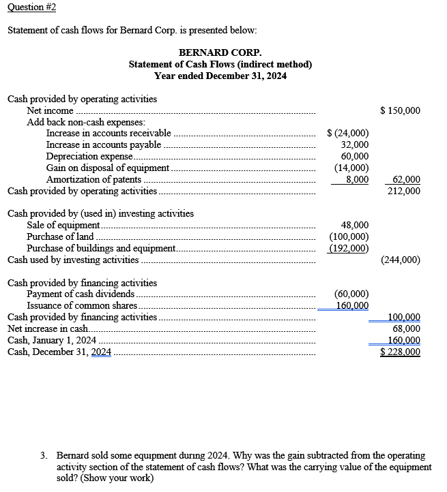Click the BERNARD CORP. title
[x=220, y=52]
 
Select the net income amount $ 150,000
[x=400, y=110]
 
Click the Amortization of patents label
[x=94, y=179]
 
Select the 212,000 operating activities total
[x=404, y=191]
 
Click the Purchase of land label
[x=60, y=236]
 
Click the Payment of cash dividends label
[x=80, y=294]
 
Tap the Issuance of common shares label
[x=80, y=305]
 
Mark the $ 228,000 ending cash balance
[x=400, y=352]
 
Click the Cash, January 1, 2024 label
[x=52, y=340]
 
